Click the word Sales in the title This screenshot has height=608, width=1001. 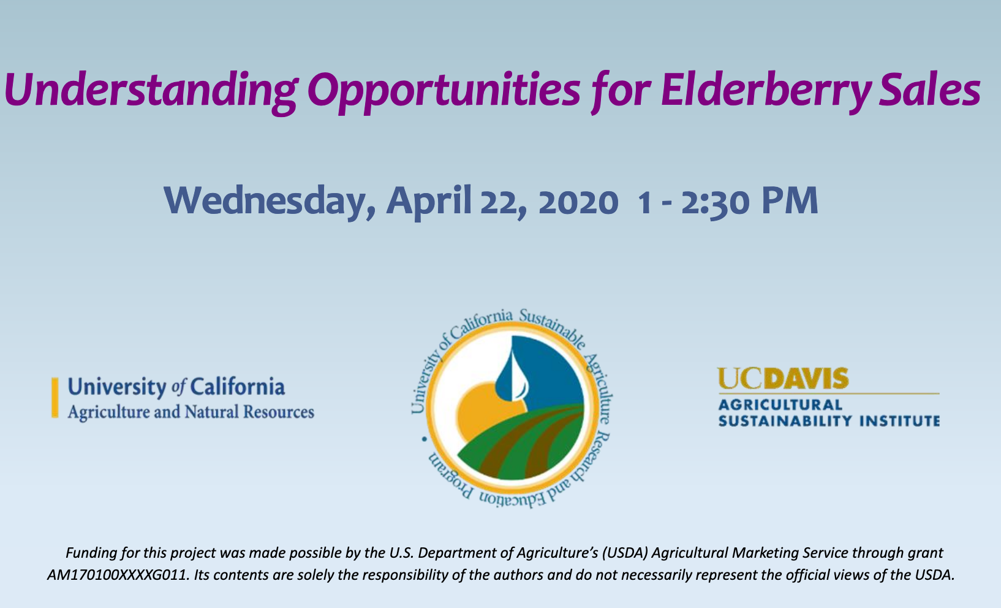(x=929, y=89)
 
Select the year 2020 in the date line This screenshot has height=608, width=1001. (x=579, y=203)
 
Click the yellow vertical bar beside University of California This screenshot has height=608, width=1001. (x=55, y=398)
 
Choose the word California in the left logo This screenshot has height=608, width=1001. (x=237, y=387)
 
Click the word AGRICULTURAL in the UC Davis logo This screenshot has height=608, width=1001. (x=780, y=405)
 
